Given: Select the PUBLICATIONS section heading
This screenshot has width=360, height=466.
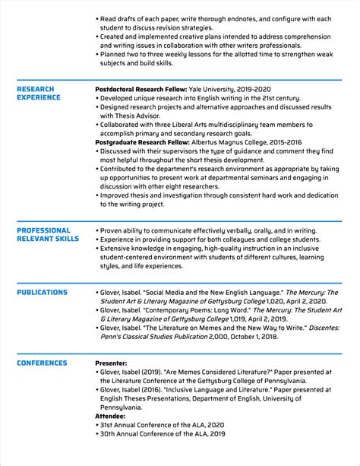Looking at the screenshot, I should click(x=42, y=293).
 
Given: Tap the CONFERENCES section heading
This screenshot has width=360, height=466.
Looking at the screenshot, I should click(x=42, y=342).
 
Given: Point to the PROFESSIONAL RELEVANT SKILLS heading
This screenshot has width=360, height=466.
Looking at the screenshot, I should click(x=47, y=235).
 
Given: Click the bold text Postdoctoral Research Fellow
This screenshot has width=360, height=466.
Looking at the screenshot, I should click(x=141, y=89).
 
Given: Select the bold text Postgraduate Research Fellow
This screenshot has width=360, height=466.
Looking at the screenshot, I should click(x=142, y=141).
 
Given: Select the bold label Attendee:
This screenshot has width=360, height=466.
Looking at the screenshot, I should click(x=111, y=416).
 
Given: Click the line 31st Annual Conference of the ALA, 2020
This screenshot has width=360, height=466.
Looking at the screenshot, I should click(x=163, y=425).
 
